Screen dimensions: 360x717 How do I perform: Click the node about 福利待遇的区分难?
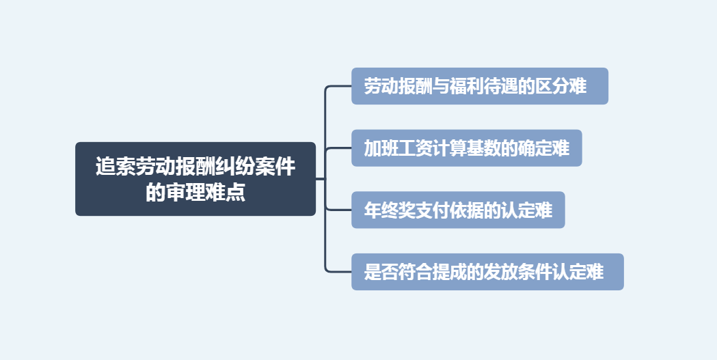click(479, 86)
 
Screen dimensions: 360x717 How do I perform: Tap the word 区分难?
click(560, 87)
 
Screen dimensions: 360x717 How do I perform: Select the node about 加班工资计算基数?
click(466, 148)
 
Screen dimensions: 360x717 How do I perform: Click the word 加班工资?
click(398, 148)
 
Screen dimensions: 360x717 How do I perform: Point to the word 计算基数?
click(466, 148)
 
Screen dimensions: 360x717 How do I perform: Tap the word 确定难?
click(543, 148)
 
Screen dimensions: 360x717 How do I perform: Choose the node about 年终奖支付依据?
click(458, 210)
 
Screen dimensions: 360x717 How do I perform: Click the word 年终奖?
click(390, 210)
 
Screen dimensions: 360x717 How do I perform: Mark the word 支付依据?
click(449, 210)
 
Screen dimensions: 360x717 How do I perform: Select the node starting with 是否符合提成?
click(487, 272)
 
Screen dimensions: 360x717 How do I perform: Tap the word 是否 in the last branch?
click(381, 272)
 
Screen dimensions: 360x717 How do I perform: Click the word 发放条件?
click(517, 272)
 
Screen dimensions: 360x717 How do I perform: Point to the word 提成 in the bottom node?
click(449, 272)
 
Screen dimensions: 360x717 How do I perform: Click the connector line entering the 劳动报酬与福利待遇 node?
click(339, 86)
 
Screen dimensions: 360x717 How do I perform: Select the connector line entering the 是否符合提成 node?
click(339, 272)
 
